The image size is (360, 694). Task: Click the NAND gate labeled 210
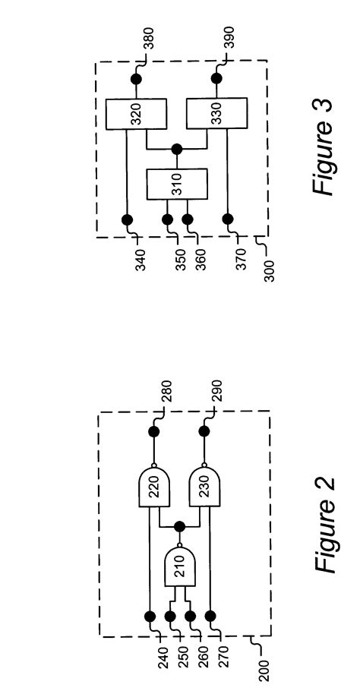pyautogui.click(x=179, y=568)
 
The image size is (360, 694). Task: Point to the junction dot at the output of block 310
pyautogui.click(x=177, y=149)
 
